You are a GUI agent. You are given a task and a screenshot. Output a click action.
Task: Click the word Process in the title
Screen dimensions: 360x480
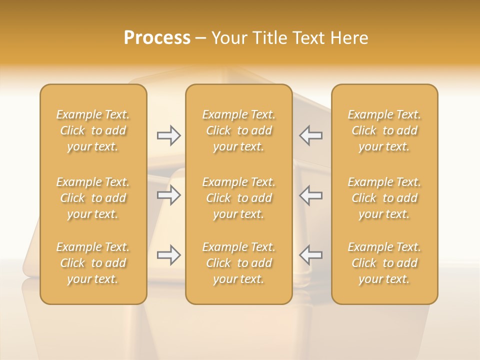pos(157,38)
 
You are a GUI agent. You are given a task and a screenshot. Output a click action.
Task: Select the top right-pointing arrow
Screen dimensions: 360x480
pos(168,135)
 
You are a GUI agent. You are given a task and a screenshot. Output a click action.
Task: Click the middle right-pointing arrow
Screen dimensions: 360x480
pos(168,195)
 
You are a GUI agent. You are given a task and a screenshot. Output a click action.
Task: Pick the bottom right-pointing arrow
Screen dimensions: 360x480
pos(168,255)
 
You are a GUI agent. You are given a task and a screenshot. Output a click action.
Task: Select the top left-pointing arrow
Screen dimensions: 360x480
pos(311,135)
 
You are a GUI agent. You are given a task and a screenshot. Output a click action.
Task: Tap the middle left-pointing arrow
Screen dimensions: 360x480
pos(311,195)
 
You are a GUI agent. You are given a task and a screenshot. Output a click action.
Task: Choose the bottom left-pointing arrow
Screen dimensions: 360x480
pos(311,255)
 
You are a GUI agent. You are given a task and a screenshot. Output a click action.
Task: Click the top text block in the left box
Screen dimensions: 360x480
pos(93,130)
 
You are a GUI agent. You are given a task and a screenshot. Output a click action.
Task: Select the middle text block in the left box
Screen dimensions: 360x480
pos(93,198)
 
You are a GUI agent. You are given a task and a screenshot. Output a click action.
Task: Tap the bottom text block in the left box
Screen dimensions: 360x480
pos(93,263)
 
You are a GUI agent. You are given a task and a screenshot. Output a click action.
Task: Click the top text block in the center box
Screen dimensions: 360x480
pos(239,130)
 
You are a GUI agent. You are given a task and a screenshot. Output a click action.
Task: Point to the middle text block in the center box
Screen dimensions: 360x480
pos(239,198)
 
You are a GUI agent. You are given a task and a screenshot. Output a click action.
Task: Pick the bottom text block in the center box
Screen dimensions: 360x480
pos(239,263)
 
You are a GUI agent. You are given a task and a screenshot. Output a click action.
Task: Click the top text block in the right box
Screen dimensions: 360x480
pos(384,130)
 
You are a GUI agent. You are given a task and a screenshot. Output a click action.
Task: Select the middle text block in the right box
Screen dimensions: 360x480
pos(384,198)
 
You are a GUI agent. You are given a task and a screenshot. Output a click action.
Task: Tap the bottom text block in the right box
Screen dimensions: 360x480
pos(384,263)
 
